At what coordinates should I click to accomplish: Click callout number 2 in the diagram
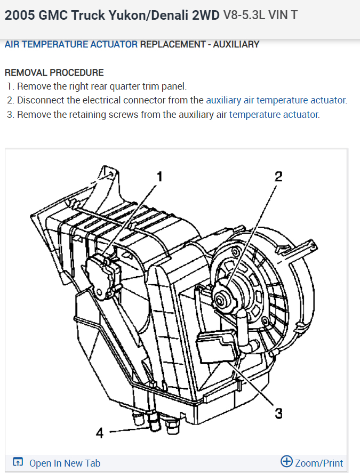[278, 177]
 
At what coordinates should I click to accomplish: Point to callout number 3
[278, 413]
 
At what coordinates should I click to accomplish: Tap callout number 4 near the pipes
[99, 433]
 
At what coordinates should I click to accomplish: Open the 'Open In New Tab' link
[65, 463]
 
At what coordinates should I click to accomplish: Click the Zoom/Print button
[318, 463]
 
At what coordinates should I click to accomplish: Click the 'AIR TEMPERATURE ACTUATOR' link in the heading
[71, 44]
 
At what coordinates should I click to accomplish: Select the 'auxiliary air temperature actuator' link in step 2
[276, 100]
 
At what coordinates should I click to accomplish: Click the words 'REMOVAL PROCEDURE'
[54, 73]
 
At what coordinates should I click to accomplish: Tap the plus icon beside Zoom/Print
[286, 462]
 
